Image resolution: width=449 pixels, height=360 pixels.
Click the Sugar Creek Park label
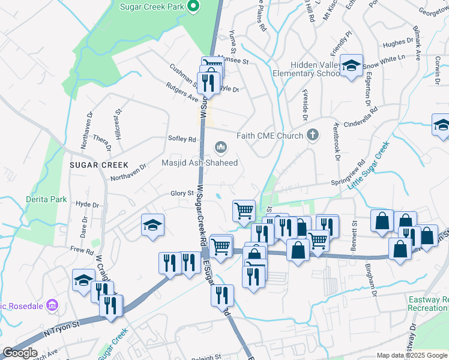click(x=151, y=7)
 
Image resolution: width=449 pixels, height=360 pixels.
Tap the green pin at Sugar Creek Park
click(x=193, y=7)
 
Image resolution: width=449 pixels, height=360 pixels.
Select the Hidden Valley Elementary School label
click(x=306, y=69)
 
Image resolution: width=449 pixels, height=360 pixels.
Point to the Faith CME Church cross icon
click(x=312, y=136)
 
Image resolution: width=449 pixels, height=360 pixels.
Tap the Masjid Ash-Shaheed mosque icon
click(x=221, y=147)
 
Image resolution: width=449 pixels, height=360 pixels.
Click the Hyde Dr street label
click(x=87, y=204)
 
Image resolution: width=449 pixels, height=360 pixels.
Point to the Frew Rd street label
click(x=82, y=251)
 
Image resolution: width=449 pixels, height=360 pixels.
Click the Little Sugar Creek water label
click(x=368, y=166)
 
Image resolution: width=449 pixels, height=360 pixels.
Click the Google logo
click(x=20, y=353)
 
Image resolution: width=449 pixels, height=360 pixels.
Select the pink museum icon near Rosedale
click(x=52, y=307)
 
